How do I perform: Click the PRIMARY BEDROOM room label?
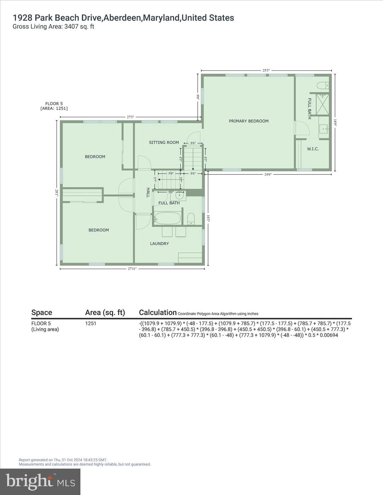248,121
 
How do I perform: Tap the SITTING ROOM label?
164,142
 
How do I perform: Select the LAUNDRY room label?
159,244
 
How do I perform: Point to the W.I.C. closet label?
313,149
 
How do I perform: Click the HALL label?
148,193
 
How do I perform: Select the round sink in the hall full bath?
179,195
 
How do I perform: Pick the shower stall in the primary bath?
322,104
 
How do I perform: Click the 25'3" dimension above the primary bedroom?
266,70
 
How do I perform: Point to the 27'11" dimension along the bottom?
132,269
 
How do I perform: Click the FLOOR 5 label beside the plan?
54,104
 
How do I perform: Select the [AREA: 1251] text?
54,109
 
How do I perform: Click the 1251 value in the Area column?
91,324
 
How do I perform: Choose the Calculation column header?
158,312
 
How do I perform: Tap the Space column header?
42,312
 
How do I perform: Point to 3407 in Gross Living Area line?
71,27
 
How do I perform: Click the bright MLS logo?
40,481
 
